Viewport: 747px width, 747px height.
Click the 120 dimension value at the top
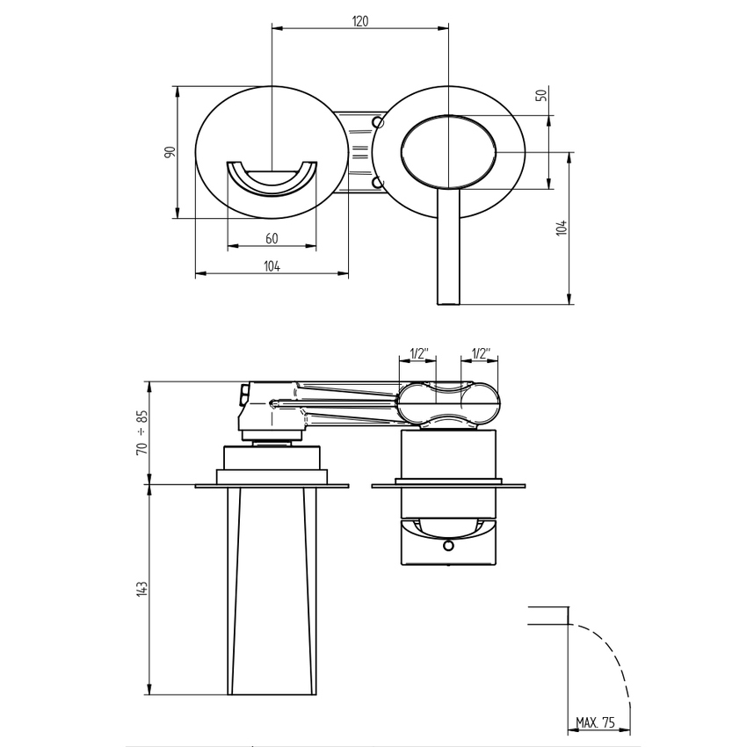(x=360, y=21)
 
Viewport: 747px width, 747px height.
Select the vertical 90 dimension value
(x=170, y=151)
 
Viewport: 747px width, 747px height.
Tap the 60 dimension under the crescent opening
(x=271, y=239)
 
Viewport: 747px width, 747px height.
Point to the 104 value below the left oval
(x=271, y=266)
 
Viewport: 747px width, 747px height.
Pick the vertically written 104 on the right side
(x=563, y=228)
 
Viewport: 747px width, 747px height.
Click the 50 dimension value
(x=541, y=95)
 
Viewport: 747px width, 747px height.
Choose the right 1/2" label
(x=482, y=353)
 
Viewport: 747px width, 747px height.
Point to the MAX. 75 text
(x=596, y=722)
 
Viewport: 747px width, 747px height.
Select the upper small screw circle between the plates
(x=377, y=120)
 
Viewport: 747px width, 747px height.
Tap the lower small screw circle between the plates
(x=377, y=183)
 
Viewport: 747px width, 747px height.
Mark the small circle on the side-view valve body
(x=448, y=546)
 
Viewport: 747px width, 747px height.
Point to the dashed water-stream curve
(x=615, y=660)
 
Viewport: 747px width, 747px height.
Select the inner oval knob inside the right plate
(x=450, y=151)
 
